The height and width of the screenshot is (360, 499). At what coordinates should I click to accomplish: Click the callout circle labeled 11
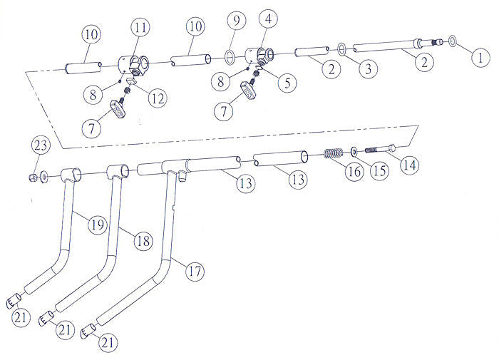pyautogui.click(x=140, y=29)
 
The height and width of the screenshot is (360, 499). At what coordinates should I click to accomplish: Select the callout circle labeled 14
pyautogui.click(x=409, y=165)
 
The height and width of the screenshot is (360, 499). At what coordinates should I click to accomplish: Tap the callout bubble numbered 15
pyautogui.click(x=379, y=170)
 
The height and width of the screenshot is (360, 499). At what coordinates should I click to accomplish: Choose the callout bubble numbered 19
pyautogui.click(x=97, y=224)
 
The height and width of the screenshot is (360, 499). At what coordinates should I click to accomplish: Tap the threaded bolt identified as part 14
pyautogui.click(x=380, y=150)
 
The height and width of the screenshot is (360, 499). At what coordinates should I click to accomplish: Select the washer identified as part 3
pyautogui.click(x=343, y=48)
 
